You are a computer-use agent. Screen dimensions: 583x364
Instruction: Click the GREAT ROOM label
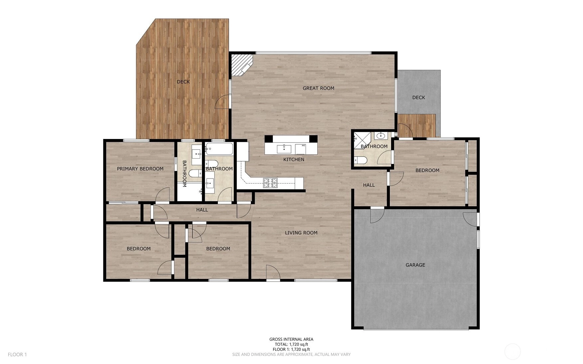point(318,88)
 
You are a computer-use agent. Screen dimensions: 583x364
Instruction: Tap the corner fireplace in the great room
point(242,65)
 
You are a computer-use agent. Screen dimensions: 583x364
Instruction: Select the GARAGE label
point(415,265)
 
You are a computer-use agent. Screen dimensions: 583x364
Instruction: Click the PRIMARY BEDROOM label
point(140,169)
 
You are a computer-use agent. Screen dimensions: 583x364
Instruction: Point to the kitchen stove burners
point(270,183)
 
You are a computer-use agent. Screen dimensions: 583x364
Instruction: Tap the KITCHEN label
point(294,160)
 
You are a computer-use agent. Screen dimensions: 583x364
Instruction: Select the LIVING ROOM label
point(301,233)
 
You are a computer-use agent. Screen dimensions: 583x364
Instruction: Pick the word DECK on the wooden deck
point(183,82)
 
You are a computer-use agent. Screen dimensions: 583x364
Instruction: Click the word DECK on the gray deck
point(418,97)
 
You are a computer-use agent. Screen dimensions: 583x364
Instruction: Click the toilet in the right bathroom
point(360,161)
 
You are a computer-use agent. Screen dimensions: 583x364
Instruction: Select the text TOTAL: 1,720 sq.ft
point(291,344)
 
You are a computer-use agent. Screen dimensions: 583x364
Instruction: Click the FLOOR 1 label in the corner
point(17,354)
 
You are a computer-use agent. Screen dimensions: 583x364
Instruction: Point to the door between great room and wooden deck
point(222,101)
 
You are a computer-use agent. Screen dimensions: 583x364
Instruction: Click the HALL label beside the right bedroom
point(369,185)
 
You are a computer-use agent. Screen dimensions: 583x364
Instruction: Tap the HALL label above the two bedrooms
point(202,210)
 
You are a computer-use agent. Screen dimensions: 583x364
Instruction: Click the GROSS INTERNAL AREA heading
point(291,339)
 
